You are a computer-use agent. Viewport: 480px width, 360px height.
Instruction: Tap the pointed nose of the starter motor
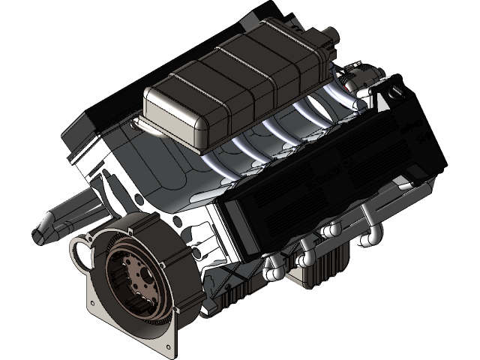40,231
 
